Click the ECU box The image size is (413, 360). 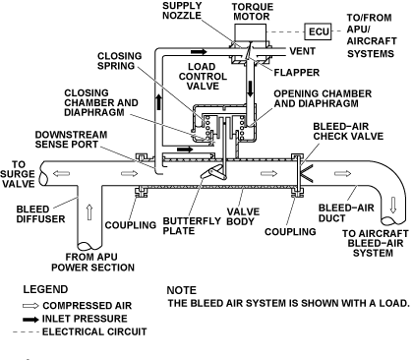[318, 31]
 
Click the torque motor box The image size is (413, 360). [251, 32]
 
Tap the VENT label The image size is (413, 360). [302, 51]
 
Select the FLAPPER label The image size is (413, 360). [297, 73]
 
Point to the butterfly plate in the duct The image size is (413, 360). [213, 172]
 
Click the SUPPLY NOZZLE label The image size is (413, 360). [182, 11]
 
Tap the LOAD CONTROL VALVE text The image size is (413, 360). [203, 77]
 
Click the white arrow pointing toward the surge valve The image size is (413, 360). [61, 173]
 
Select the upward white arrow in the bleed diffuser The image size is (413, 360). [89, 212]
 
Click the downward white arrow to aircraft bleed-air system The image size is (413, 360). [393, 205]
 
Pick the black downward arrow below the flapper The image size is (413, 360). [251, 89]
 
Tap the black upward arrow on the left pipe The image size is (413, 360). [158, 101]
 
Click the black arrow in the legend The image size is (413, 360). [30, 319]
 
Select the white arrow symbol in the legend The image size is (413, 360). [30, 306]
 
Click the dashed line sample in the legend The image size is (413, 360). [26, 332]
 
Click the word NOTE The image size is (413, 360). [181, 290]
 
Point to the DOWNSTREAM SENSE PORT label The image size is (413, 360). [71, 140]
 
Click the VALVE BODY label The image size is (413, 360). [243, 216]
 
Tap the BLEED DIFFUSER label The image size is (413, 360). [40, 214]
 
